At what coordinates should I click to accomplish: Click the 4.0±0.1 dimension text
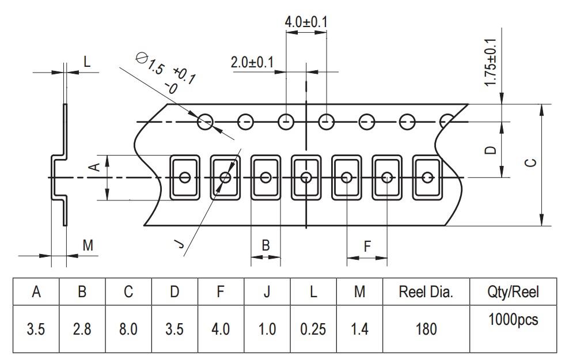[306, 22]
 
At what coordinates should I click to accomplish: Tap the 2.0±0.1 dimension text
[252, 62]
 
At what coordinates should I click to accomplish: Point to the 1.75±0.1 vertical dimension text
[490, 63]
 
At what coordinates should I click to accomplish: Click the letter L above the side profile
[87, 62]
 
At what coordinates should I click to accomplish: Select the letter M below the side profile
[88, 246]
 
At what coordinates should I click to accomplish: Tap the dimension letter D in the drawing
[490, 150]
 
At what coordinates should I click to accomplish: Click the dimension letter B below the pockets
[266, 245]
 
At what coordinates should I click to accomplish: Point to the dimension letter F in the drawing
[367, 246]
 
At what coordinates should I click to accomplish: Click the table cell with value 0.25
[313, 329]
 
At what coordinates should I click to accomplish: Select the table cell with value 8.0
[128, 329]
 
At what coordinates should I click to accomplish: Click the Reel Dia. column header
[426, 292]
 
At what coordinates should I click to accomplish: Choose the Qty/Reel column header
[513, 292]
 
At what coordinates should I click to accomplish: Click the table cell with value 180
[426, 329]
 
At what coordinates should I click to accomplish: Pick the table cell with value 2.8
[82, 329]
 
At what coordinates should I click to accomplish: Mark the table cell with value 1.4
[359, 329]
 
